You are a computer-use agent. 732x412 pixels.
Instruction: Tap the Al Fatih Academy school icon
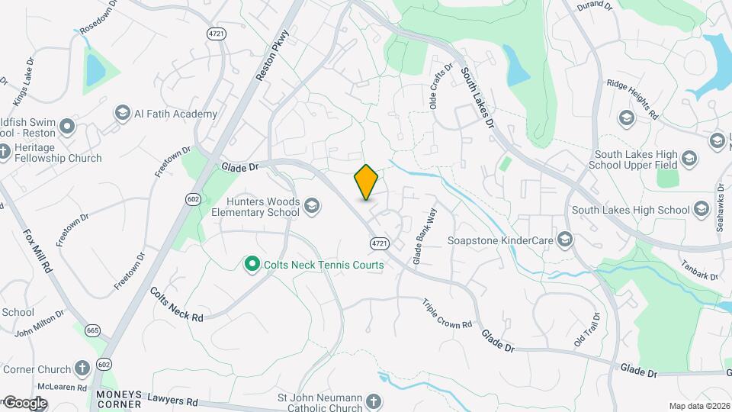(122, 114)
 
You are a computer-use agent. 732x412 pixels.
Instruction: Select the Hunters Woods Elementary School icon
(311, 205)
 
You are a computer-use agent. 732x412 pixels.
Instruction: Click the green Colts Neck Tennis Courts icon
(252, 264)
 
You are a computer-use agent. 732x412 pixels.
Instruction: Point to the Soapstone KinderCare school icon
(565, 240)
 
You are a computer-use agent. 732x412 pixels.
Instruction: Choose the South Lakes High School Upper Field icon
(689, 159)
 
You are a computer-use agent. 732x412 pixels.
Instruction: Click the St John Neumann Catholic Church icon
(373, 401)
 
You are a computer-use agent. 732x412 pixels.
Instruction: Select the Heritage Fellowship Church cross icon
(4, 150)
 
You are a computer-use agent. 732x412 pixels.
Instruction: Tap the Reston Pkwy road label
(274, 56)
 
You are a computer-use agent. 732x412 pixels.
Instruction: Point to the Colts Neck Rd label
(177, 304)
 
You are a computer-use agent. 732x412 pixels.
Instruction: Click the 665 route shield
(93, 330)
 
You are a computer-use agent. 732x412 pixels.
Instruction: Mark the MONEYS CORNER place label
(120, 400)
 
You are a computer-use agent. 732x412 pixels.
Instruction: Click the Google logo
(24, 403)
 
